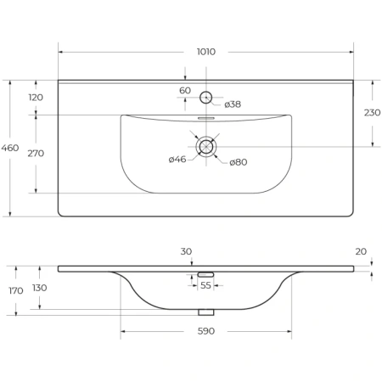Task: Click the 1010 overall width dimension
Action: click(206, 52)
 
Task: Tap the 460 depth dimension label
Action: click(10, 148)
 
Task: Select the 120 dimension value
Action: click(36, 98)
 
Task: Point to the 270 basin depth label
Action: click(36, 154)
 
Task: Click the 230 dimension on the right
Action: click(372, 113)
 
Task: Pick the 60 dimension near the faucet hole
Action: click(185, 91)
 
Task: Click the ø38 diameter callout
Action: click(233, 104)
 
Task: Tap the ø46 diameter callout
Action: click(177, 160)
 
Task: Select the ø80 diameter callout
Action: click(239, 162)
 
